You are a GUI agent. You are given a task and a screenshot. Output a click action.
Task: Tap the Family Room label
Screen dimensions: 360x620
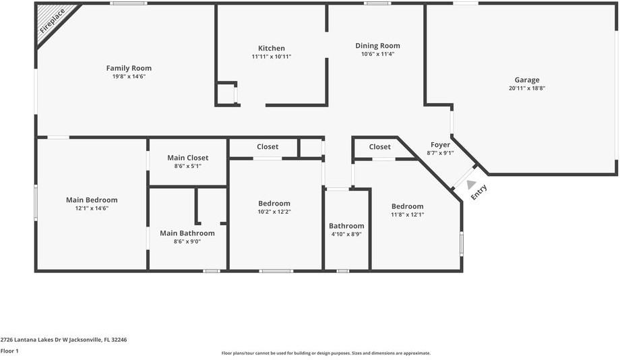(x=129, y=68)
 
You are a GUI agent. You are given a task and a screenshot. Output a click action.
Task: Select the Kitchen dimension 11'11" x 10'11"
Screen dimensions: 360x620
(x=272, y=57)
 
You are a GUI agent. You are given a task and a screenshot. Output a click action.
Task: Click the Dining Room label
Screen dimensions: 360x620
(x=377, y=46)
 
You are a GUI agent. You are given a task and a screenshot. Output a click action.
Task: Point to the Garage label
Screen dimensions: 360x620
(x=527, y=80)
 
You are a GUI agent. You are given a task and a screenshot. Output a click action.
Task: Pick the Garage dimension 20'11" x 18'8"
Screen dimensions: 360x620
(x=527, y=88)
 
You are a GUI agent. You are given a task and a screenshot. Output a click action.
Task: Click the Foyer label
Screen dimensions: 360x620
(x=440, y=144)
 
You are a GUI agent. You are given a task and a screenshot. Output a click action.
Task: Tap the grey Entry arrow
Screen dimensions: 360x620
(x=471, y=184)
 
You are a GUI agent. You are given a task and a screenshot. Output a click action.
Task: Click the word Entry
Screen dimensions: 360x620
(x=479, y=192)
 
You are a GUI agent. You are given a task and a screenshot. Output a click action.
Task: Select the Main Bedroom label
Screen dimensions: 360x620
(x=92, y=200)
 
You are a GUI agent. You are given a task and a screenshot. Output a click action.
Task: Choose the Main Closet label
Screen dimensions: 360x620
(x=187, y=158)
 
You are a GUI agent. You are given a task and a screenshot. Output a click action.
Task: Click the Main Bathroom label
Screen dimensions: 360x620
(x=187, y=233)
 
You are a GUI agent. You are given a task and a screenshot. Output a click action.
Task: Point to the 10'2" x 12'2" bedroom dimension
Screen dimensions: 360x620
(x=274, y=212)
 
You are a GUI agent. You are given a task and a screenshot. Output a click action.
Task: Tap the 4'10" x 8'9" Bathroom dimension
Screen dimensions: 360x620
(x=346, y=234)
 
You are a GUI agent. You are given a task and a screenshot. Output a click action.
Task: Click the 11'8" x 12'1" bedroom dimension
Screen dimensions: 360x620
(x=408, y=214)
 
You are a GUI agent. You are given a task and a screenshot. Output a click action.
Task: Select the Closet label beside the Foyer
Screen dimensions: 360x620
(x=379, y=147)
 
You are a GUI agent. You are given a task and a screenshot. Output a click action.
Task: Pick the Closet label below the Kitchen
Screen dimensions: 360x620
(x=268, y=147)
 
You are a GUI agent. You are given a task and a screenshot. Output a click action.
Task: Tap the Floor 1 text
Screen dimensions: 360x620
(x=9, y=351)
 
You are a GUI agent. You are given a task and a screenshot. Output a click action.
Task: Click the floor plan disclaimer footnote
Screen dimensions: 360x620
(x=325, y=353)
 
